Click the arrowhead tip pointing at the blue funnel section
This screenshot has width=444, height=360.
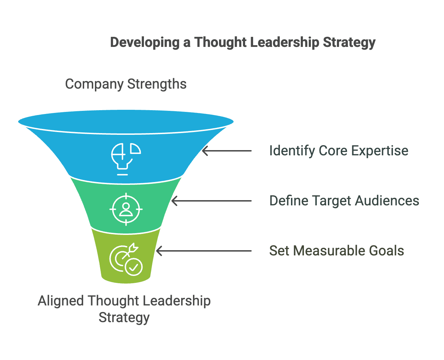click(202, 150)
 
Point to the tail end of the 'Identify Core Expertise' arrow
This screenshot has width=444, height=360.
click(251, 150)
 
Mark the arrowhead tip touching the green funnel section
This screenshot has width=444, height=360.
click(172, 201)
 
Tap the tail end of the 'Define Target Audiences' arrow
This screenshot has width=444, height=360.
click(251, 201)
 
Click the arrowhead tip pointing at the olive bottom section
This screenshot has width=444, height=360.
click(156, 251)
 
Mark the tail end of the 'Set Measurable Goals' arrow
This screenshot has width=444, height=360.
click(251, 251)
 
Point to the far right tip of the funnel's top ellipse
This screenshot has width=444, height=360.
click(233, 122)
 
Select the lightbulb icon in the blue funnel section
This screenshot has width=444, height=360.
click(126, 159)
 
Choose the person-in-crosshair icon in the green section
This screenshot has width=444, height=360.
click(126, 209)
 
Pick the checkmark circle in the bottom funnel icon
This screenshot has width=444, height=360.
click(134, 267)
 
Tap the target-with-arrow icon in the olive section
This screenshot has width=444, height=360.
click(126, 259)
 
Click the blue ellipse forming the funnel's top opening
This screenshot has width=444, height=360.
click(126, 122)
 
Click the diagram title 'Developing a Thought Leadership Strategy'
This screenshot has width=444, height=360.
click(243, 43)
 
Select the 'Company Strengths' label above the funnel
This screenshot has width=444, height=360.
click(126, 84)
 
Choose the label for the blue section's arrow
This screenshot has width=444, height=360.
click(339, 151)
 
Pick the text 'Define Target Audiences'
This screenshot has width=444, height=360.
click(344, 201)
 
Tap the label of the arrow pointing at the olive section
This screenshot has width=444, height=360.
click(337, 251)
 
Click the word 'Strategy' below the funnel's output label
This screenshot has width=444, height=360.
click(124, 318)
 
